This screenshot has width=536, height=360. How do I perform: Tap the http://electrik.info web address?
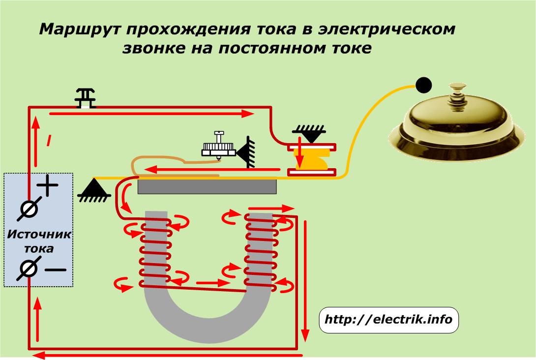tap(388, 319)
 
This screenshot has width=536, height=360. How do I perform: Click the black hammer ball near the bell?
tap(423, 85)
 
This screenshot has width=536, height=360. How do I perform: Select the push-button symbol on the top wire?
tap(86, 98)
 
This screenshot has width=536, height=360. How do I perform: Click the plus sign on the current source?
tap(48, 185)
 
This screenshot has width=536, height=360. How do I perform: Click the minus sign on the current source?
tap(56, 270)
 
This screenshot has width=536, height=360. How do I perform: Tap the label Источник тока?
tap(39, 241)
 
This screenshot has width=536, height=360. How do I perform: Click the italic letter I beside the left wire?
tap(49, 140)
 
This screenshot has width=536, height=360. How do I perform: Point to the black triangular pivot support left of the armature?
tap(94, 190)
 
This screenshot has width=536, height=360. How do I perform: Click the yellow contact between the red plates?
tap(311, 160)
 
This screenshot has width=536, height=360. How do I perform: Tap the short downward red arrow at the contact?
tap(299, 152)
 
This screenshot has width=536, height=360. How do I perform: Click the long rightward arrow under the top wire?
tap(152, 114)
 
